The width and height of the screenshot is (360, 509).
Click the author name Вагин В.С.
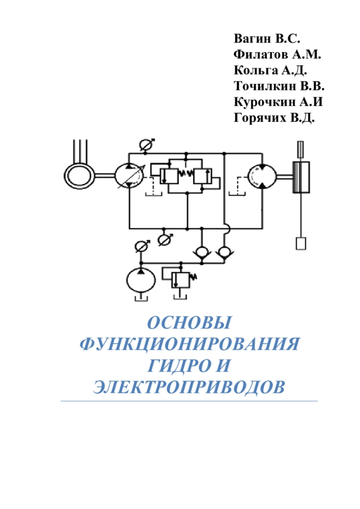266,38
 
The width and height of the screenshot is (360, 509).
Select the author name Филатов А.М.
277,54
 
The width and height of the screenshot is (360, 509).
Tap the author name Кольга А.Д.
271,70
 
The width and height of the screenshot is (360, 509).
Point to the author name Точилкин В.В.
279,86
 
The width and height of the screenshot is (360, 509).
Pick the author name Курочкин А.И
278,102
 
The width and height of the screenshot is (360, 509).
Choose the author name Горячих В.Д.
274,118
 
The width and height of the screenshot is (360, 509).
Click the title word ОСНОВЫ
190,323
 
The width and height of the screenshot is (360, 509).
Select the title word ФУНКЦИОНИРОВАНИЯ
190,344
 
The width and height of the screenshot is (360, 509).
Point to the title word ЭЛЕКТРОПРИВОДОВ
190,387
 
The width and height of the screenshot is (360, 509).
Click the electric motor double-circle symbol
79,176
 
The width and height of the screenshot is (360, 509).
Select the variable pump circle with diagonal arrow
130,176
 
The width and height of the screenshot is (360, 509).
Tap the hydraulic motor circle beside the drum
262,176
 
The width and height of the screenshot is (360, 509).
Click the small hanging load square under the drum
301,243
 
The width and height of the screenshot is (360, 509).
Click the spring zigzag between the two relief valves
187,174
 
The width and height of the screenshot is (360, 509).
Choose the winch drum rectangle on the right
301,177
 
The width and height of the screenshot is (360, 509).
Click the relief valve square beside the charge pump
181,280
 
